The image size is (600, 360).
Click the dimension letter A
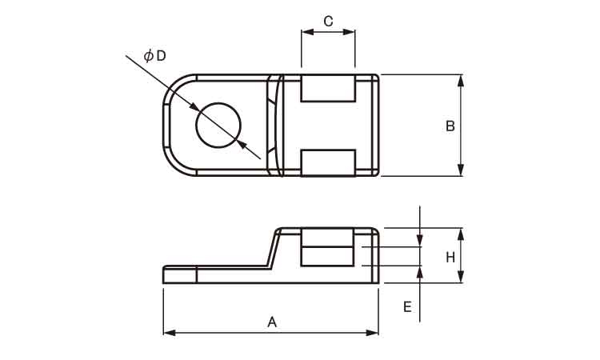tap(272, 322)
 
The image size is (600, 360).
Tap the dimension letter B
tap(450, 126)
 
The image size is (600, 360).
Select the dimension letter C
tap(328, 21)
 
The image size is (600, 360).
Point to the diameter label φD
tap(155, 56)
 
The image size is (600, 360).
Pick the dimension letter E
tap(407, 306)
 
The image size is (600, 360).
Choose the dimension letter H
tap(450, 258)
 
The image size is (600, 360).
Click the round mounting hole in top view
tap(218, 126)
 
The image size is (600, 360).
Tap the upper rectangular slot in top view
tap(328, 88)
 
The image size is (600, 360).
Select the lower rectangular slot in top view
tap(328, 163)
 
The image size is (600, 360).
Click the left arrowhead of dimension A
tap(170, 333)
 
